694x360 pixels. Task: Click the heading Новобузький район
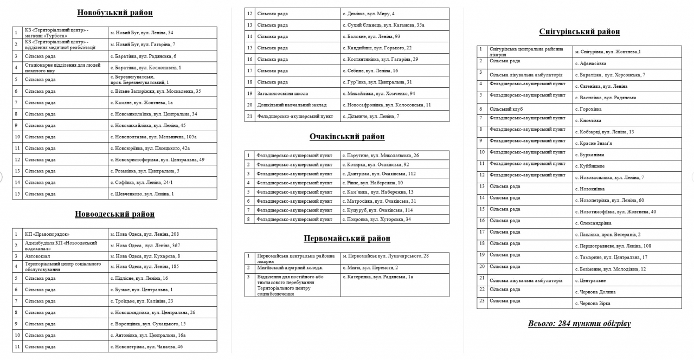(114, 12)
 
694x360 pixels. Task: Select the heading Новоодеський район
(114, 214)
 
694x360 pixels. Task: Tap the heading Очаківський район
(347, 137)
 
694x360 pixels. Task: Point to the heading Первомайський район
(347, 239)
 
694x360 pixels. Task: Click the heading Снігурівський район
(580, 32)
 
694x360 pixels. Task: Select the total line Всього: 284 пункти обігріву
(579, 324)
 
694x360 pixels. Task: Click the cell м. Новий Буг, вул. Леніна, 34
(142, 33)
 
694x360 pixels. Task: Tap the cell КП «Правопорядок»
(48, 234)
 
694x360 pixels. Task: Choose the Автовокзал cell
(37, 256)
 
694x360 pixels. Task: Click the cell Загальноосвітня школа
(282, 93)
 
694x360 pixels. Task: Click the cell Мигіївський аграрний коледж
(289, 268)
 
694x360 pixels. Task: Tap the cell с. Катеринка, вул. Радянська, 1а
(378, 277)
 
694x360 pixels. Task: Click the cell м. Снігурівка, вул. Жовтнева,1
(608, 52)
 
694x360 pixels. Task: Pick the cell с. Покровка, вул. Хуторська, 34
(377, 220)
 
